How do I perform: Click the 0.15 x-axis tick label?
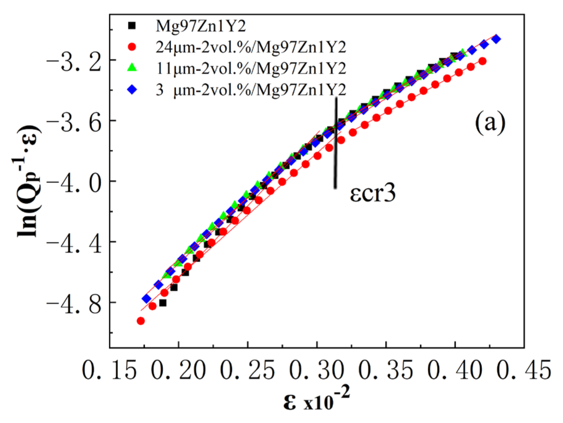point(109,370)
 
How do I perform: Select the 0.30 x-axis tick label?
point(316,370)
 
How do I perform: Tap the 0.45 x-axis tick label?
point(524,370)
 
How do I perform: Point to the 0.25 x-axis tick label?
point(247,370)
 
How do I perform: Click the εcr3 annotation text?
point(372,194)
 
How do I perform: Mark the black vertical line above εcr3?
point(335,142)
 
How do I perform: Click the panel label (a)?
point(490,123)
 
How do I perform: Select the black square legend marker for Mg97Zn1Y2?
point(132,25)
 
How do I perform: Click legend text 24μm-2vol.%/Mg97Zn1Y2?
point(251,47)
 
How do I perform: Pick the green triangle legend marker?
point(132,68)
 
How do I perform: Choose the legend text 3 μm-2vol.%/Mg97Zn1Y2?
point(251,90)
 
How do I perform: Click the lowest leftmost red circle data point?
point(141,321)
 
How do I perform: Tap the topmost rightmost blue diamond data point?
point(496,39)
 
